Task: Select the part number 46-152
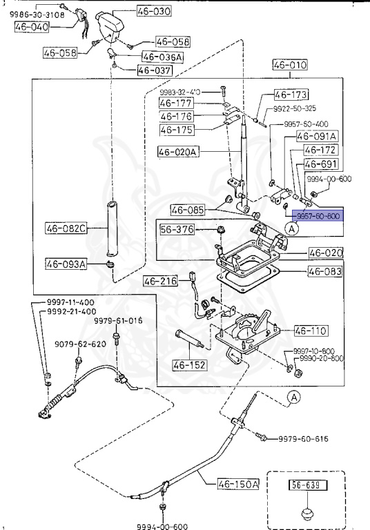click(189, 364)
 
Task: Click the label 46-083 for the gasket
click(324, 272)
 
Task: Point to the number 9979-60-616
click(303, 439)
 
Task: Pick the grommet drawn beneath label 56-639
click(304, 511)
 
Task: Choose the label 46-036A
click(162, 57)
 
